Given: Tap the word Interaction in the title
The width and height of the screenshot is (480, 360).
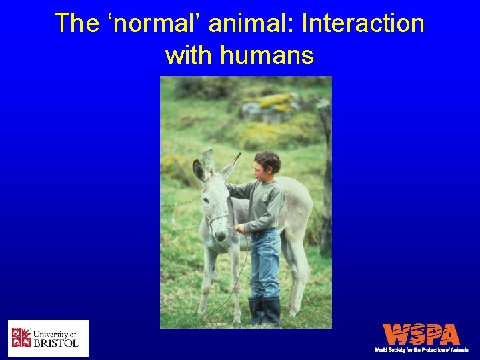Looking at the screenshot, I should (363, 23).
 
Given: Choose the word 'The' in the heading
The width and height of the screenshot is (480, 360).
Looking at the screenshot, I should (76, 23).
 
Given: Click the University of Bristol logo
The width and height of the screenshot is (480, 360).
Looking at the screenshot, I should (48, 338).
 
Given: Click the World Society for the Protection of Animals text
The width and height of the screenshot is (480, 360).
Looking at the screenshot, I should (421, 349).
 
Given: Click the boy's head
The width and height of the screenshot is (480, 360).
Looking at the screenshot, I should (267, 163).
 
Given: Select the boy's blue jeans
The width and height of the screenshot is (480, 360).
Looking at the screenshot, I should (265, 263).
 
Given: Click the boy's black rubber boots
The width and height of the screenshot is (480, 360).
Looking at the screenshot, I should (264, 310).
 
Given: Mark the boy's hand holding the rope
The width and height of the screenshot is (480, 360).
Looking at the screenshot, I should (239, 229).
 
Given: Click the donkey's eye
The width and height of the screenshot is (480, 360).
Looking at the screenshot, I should (207, 199).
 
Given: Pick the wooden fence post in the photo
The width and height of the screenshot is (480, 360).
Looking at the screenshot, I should (325, 180).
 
